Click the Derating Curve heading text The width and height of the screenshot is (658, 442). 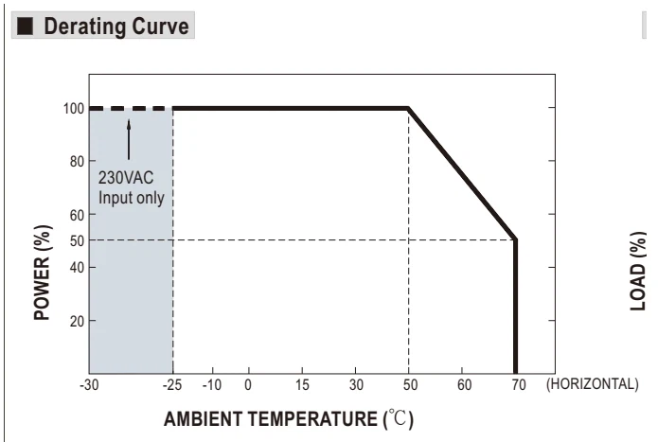point(116,27)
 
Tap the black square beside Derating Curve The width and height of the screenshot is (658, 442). point(25,26)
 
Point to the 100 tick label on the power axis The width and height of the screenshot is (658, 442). point(74,109)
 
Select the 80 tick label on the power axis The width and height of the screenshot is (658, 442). point(77,162)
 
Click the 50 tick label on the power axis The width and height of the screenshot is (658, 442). point(77,241)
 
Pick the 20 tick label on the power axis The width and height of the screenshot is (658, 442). point(77,322)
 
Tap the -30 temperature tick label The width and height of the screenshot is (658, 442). point(89,384)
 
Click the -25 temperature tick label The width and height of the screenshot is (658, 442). point(172,384)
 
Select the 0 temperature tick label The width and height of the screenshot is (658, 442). point(248,384)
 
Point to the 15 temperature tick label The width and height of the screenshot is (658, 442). point(302,384)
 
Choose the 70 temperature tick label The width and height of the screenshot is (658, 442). point(519,384)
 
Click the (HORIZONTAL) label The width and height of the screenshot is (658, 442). point(592,384)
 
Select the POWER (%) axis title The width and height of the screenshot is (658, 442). point(43,273)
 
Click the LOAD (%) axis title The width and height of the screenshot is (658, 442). point(638,271)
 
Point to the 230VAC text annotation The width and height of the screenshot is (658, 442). point(126,178)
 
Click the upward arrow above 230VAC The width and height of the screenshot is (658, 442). point(129,140)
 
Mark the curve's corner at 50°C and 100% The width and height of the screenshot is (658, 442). point(408,109)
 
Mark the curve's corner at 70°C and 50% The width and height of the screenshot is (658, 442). point(515,239)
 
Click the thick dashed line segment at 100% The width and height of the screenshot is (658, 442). point(131,109)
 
